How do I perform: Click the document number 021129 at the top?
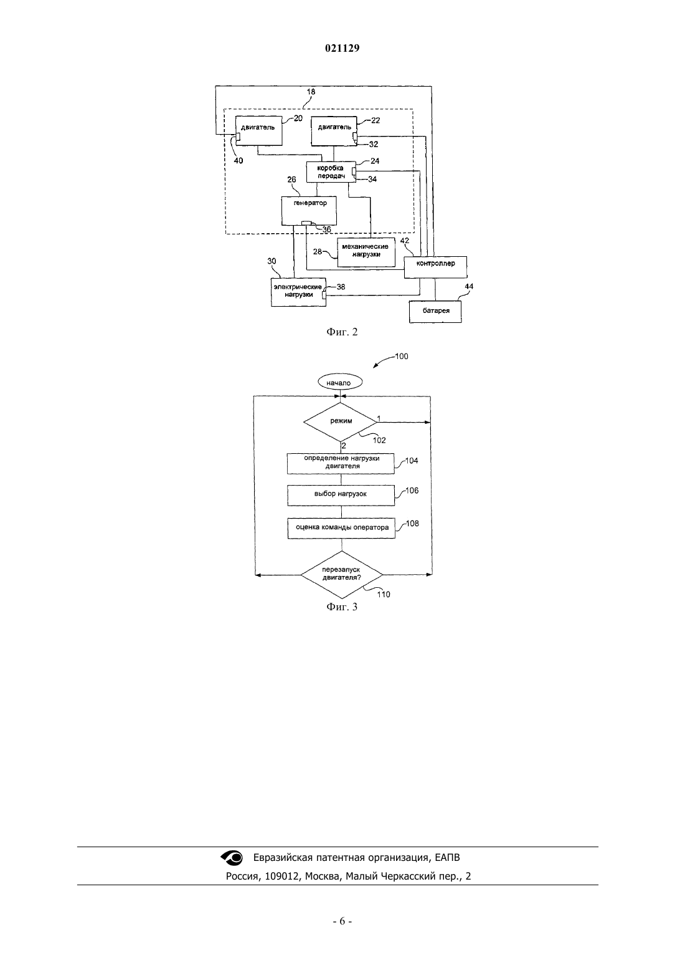(x=342, y=48)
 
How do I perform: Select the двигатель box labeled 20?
(x=258, y=131)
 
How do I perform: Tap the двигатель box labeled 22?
(x=334, y=131)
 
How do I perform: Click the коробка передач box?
(x=331, y=172)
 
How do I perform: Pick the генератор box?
(x=309, y=211)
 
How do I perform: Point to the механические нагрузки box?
(x=366, y=252)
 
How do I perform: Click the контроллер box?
(x=435, y=267)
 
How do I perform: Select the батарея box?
(x=435, y=311)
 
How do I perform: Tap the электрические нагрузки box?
(x=298, y=292)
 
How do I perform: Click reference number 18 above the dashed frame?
(x=311, y=92)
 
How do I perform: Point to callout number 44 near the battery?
(x=469, y=286)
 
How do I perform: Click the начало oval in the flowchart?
(x=340, y=382)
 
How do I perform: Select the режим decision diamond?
(x=341, y=422)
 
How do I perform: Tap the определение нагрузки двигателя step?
(x=341, y=463)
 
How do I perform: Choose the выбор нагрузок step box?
(x=341, y=495)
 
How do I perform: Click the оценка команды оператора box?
(x=342, y=528)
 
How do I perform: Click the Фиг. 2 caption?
(x=342, y=332)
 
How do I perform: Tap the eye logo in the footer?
(x=232, y=857)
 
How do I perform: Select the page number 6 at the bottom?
(x=342, y=921)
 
